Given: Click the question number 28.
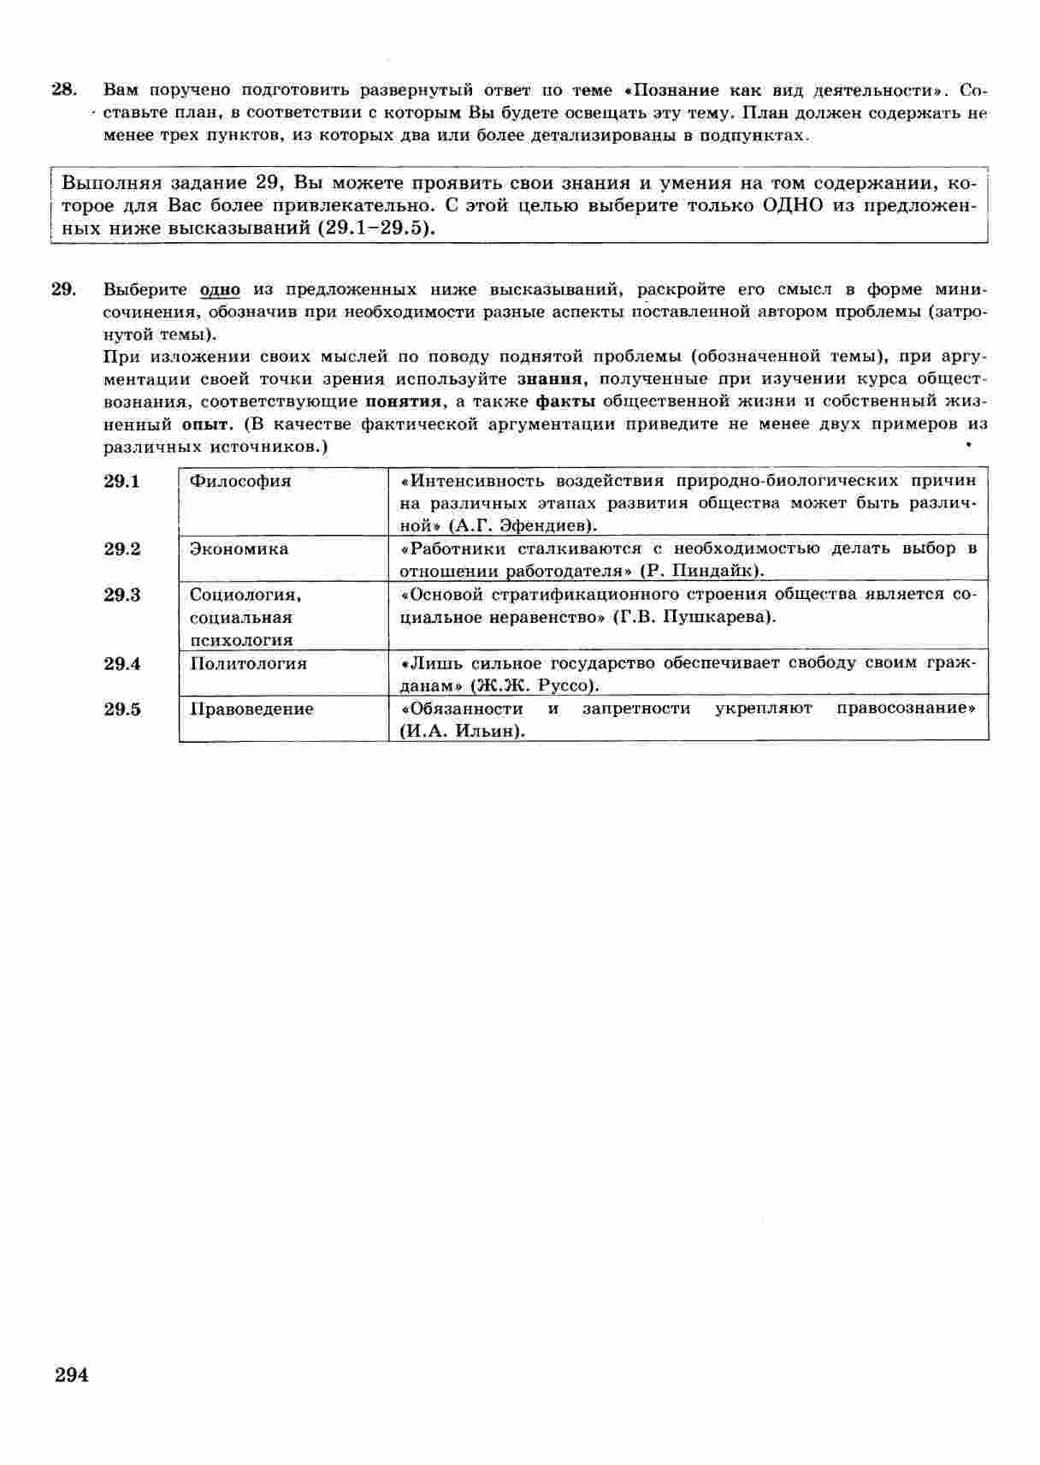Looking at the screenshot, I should (64, 89).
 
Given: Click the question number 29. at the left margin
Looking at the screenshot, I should (64, 288).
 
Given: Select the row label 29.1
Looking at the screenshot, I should (121, 481).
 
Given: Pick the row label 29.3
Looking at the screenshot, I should (121, 595).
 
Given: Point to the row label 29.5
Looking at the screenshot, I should (121, 709).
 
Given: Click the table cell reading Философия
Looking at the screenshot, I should (240, 481).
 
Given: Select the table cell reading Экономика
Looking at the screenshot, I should (239, 549).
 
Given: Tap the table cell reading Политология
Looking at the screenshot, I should (248, 663).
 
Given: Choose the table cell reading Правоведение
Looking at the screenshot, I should (251, 709).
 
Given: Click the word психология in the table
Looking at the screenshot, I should (240, 640).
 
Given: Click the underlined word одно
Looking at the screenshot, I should (220, 289).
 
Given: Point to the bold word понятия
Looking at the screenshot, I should (404, 401).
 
